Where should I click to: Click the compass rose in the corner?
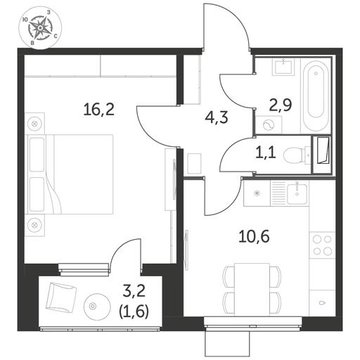[x=40, y=28]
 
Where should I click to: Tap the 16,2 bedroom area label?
[x=98, y=110]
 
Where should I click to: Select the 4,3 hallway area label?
[x=217, y=117]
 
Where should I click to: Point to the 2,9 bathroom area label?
[x=281, y=105]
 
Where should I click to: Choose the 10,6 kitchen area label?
[x=254, y=236]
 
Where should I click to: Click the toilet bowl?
[x=295, y=155]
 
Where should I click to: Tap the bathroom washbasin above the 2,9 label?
[x=283, y=67]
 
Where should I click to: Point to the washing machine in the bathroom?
[x=269, y=125]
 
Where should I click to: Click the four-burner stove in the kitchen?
[x=322, y=245]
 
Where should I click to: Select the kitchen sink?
[x=297, y=194]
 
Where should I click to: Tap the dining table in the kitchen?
[x=252, y=290]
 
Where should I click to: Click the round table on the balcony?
[x=97, y=306]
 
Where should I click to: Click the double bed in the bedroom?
[x=70, y=174]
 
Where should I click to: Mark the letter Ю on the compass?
[x=25, y=20]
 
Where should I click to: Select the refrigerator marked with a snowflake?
[x=257, y=193]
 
